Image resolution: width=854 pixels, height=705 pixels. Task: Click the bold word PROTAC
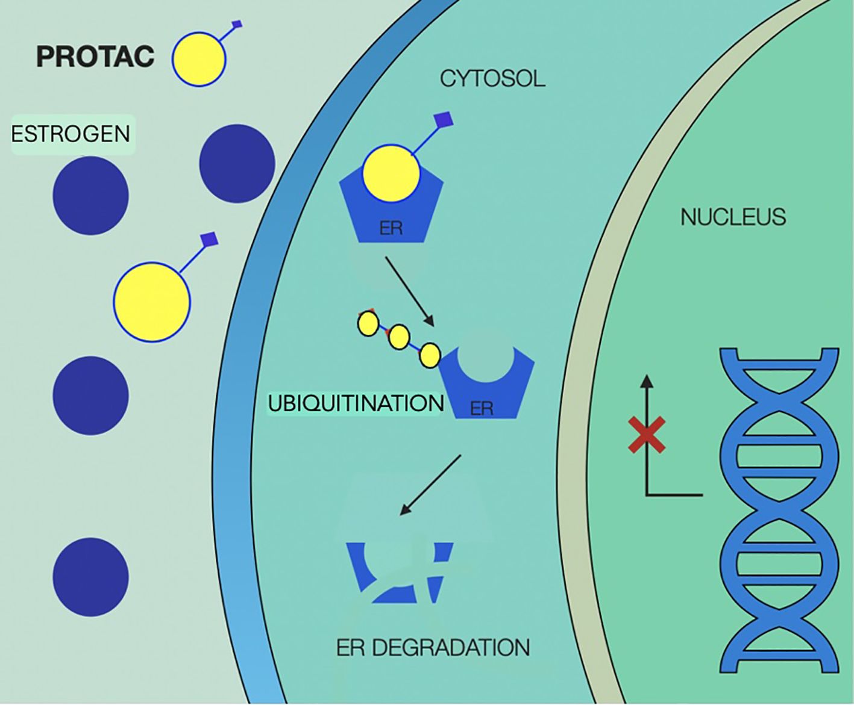pos(95,57)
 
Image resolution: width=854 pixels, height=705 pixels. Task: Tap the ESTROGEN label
pos(71,134)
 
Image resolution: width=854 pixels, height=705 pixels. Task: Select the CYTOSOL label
pos(492,79)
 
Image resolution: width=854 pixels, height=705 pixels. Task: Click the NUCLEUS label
pos(733,217)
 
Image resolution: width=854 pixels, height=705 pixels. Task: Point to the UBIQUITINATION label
pos(356,403)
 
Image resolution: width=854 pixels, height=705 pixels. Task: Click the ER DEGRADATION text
pos(433,648)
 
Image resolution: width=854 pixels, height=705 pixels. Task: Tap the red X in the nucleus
pos(647,434)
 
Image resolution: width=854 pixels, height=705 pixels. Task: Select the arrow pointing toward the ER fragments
pos(430,485)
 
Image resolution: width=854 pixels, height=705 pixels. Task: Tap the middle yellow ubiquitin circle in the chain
pos(398,338)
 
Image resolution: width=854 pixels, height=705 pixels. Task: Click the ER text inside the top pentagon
pos(391,229)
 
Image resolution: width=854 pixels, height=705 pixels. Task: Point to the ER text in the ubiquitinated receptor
pos(482,409)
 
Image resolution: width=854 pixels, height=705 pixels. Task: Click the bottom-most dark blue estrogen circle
pos(90,577)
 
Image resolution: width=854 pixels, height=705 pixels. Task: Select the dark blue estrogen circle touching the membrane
pos(236,164)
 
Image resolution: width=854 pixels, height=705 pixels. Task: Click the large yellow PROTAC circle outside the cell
pos(152,302)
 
